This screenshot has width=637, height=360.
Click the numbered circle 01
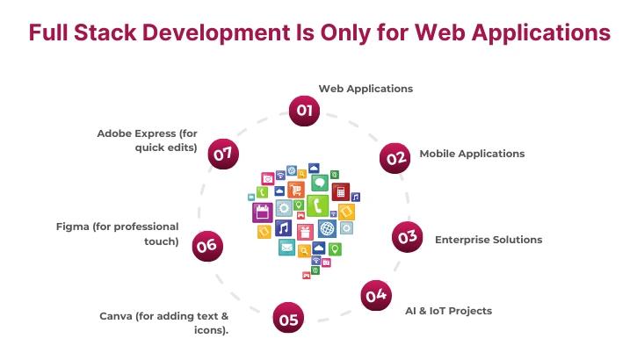coord(305,111)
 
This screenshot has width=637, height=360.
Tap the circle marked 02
coord(396,158)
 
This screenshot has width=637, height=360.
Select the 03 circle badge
coord(407,237)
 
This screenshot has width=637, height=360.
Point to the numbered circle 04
coord(376,296)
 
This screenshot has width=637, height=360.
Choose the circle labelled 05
coord(288,320)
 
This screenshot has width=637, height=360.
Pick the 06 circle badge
coord(206,246)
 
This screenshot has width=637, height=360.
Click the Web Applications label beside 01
coord(365,89)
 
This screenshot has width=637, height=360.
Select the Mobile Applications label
coord(472,154)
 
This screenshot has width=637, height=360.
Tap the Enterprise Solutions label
coord(489,239)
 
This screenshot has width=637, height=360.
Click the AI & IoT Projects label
coord(448,311)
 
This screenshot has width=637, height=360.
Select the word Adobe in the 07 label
coord(116,133)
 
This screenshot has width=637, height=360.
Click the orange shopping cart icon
coord(296,190)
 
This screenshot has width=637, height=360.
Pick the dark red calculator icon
coord(341,191)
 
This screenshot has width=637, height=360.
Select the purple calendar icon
coord(261,212)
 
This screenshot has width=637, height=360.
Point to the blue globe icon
coord(327,229)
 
